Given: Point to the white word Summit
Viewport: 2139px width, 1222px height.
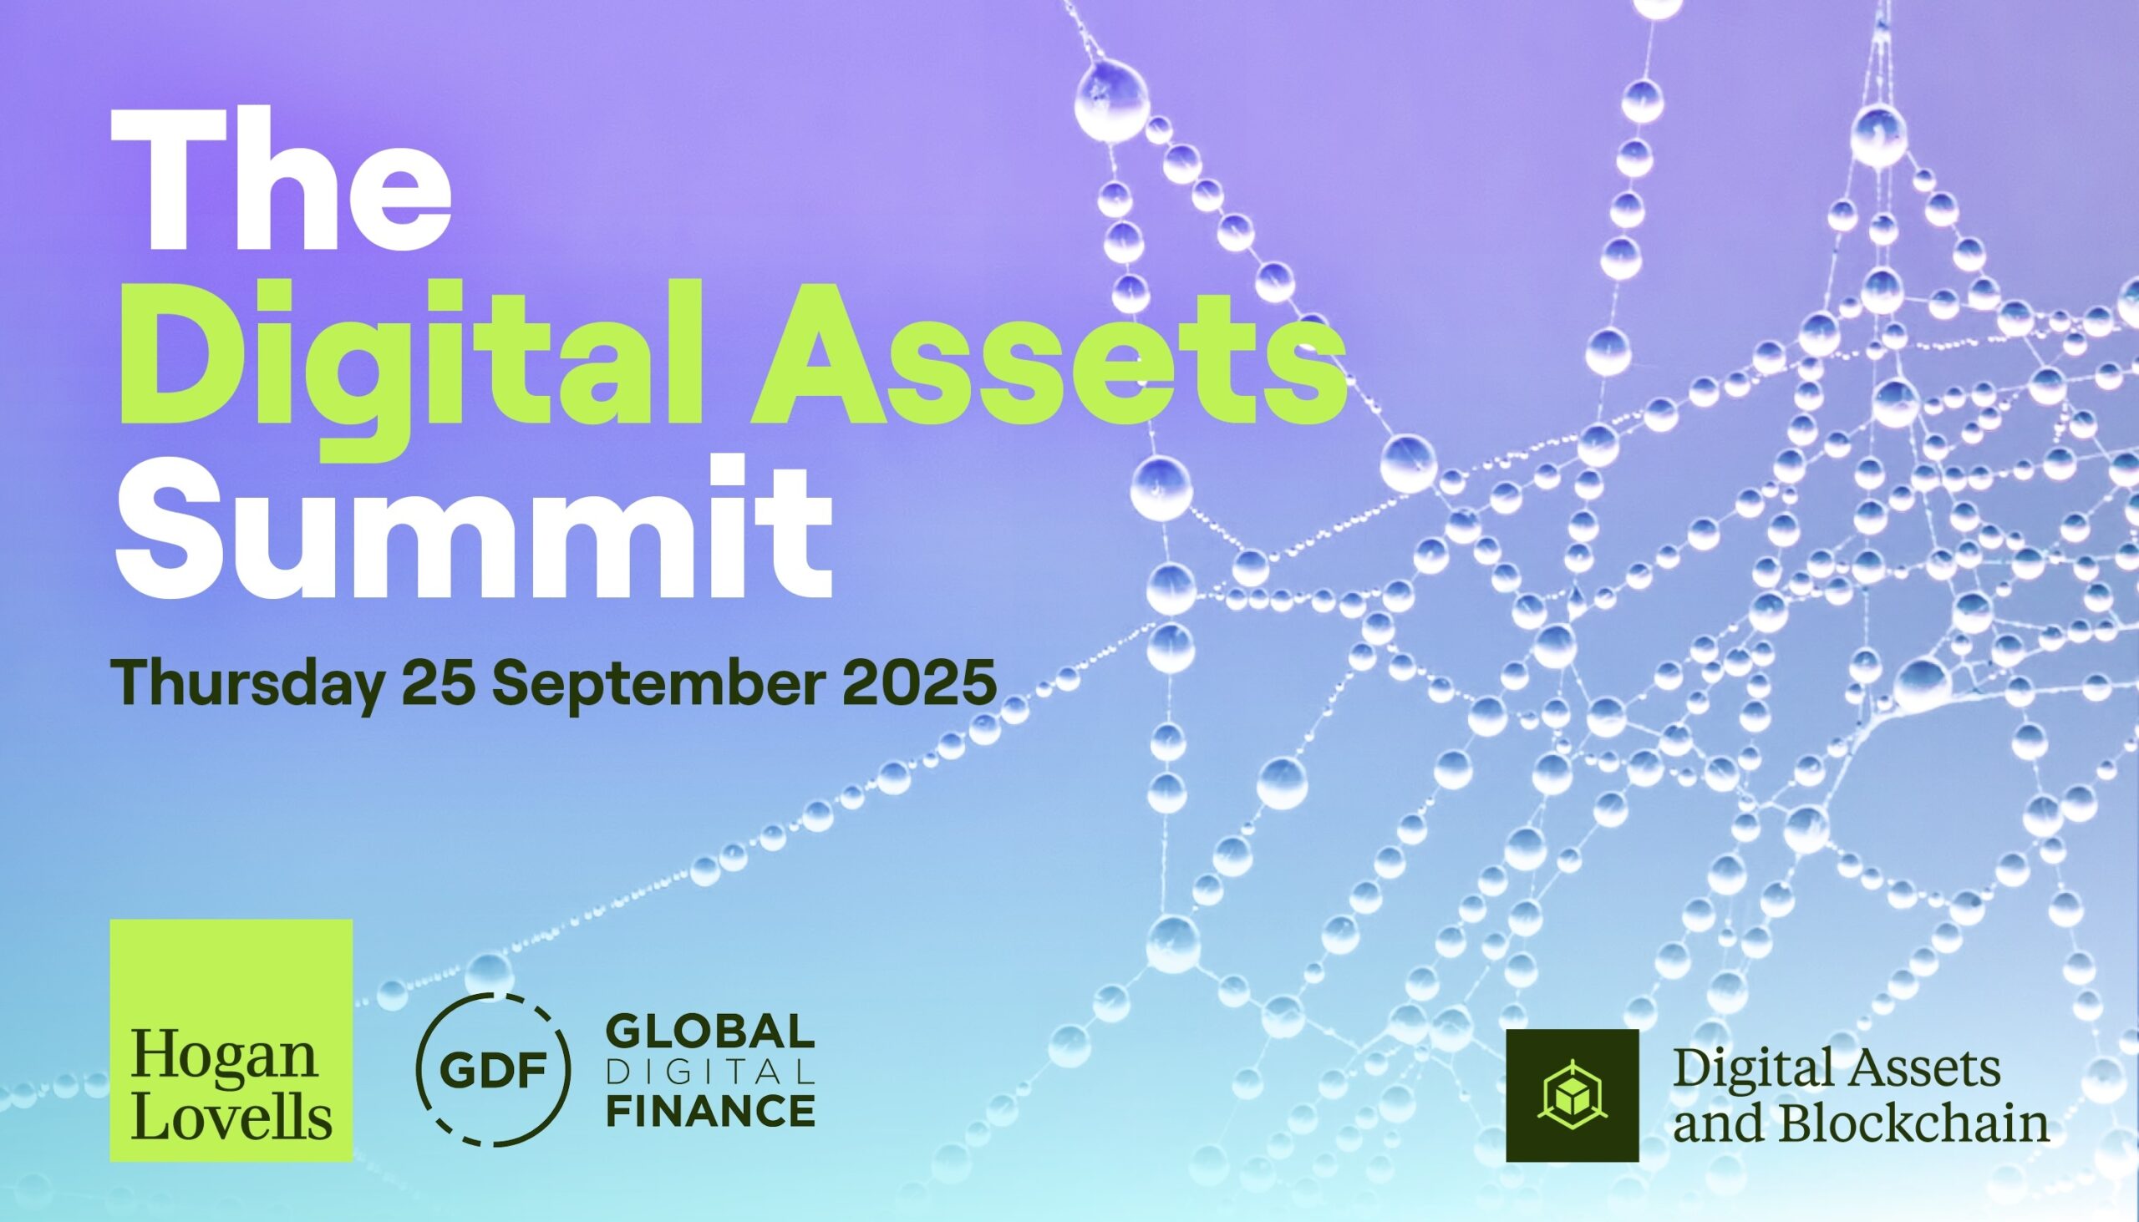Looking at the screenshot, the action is [x=475, y=523].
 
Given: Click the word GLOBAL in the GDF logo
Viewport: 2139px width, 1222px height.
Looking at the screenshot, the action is [x=710, y=1032].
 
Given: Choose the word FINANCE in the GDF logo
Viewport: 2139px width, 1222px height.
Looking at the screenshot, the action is [x=710, y=1110].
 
